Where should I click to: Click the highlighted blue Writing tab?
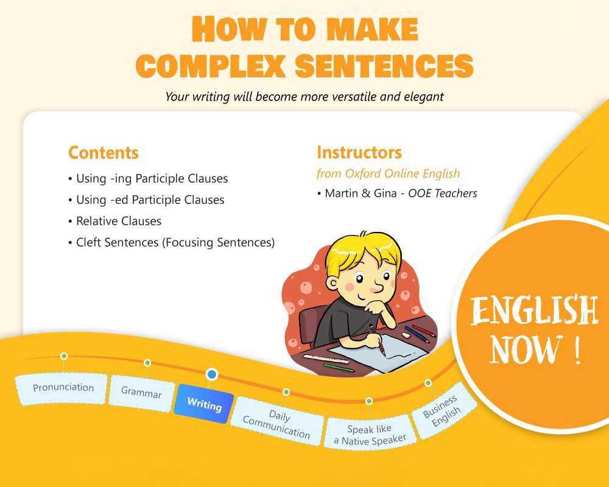click(204, 404)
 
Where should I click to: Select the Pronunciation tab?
click(63, 388)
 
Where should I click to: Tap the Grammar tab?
click(141, 393)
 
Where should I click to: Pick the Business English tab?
click(443, 412)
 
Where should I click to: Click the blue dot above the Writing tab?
click(211, 374)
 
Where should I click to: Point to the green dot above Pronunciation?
click(64, 356)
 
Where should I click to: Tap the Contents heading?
click(104, 152)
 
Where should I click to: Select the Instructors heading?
click(359, 152)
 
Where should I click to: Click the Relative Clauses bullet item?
click(119, 221)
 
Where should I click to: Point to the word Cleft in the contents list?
click(89, 242)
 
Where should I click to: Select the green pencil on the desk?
click(339, 368)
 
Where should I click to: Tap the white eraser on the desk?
click(406, 334)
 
